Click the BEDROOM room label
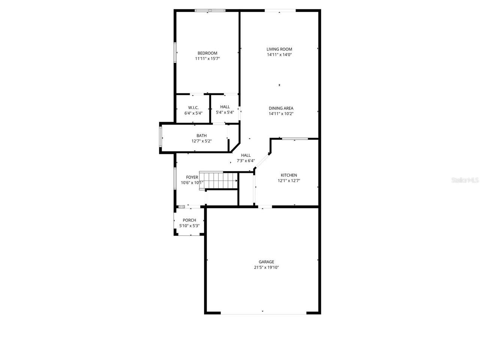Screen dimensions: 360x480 click(x=207, y=53)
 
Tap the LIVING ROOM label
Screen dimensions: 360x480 click(x=279, y=49)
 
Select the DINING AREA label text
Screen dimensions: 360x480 click(x=281, y=108)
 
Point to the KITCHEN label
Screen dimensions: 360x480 click(x=289, y=175)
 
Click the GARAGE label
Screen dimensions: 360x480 click(x=266, y=262)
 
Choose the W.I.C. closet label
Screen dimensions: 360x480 click(x=193, y=107)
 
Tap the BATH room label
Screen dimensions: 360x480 click(x=201, y=136)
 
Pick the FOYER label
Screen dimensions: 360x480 click(x=192, y=177)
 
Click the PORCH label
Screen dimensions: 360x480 click(x=189, y=220)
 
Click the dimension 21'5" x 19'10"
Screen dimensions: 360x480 click(x=266, y=267)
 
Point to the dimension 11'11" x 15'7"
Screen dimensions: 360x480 click(x=207, y=58)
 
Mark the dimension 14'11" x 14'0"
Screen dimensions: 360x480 click(x=279, y=55)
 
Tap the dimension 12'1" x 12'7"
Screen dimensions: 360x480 click(x=289, y=181)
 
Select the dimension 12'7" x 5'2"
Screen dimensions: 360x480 click(x=201, y=141)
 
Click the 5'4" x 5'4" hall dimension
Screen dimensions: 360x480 click(x=225, y=112)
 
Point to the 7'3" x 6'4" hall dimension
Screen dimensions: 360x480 click(x=246, y=161)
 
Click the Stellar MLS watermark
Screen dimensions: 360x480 click(x=465, y=180)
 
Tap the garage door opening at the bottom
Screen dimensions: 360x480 click(x=263, y=312)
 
